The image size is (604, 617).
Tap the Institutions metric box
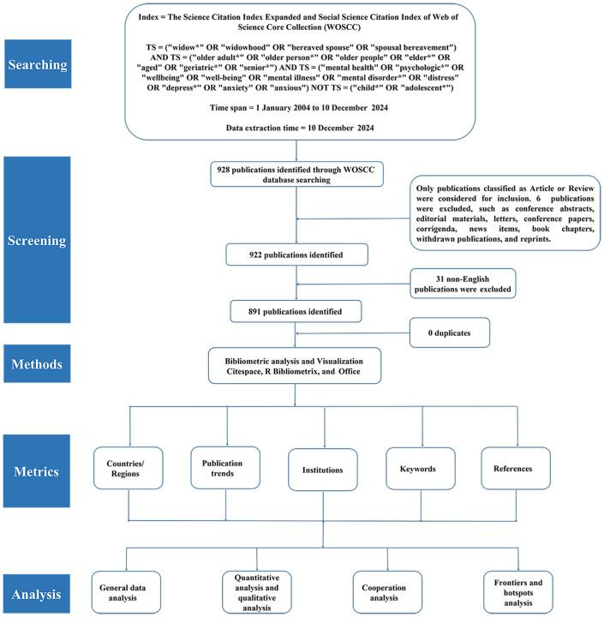[324, 470]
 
